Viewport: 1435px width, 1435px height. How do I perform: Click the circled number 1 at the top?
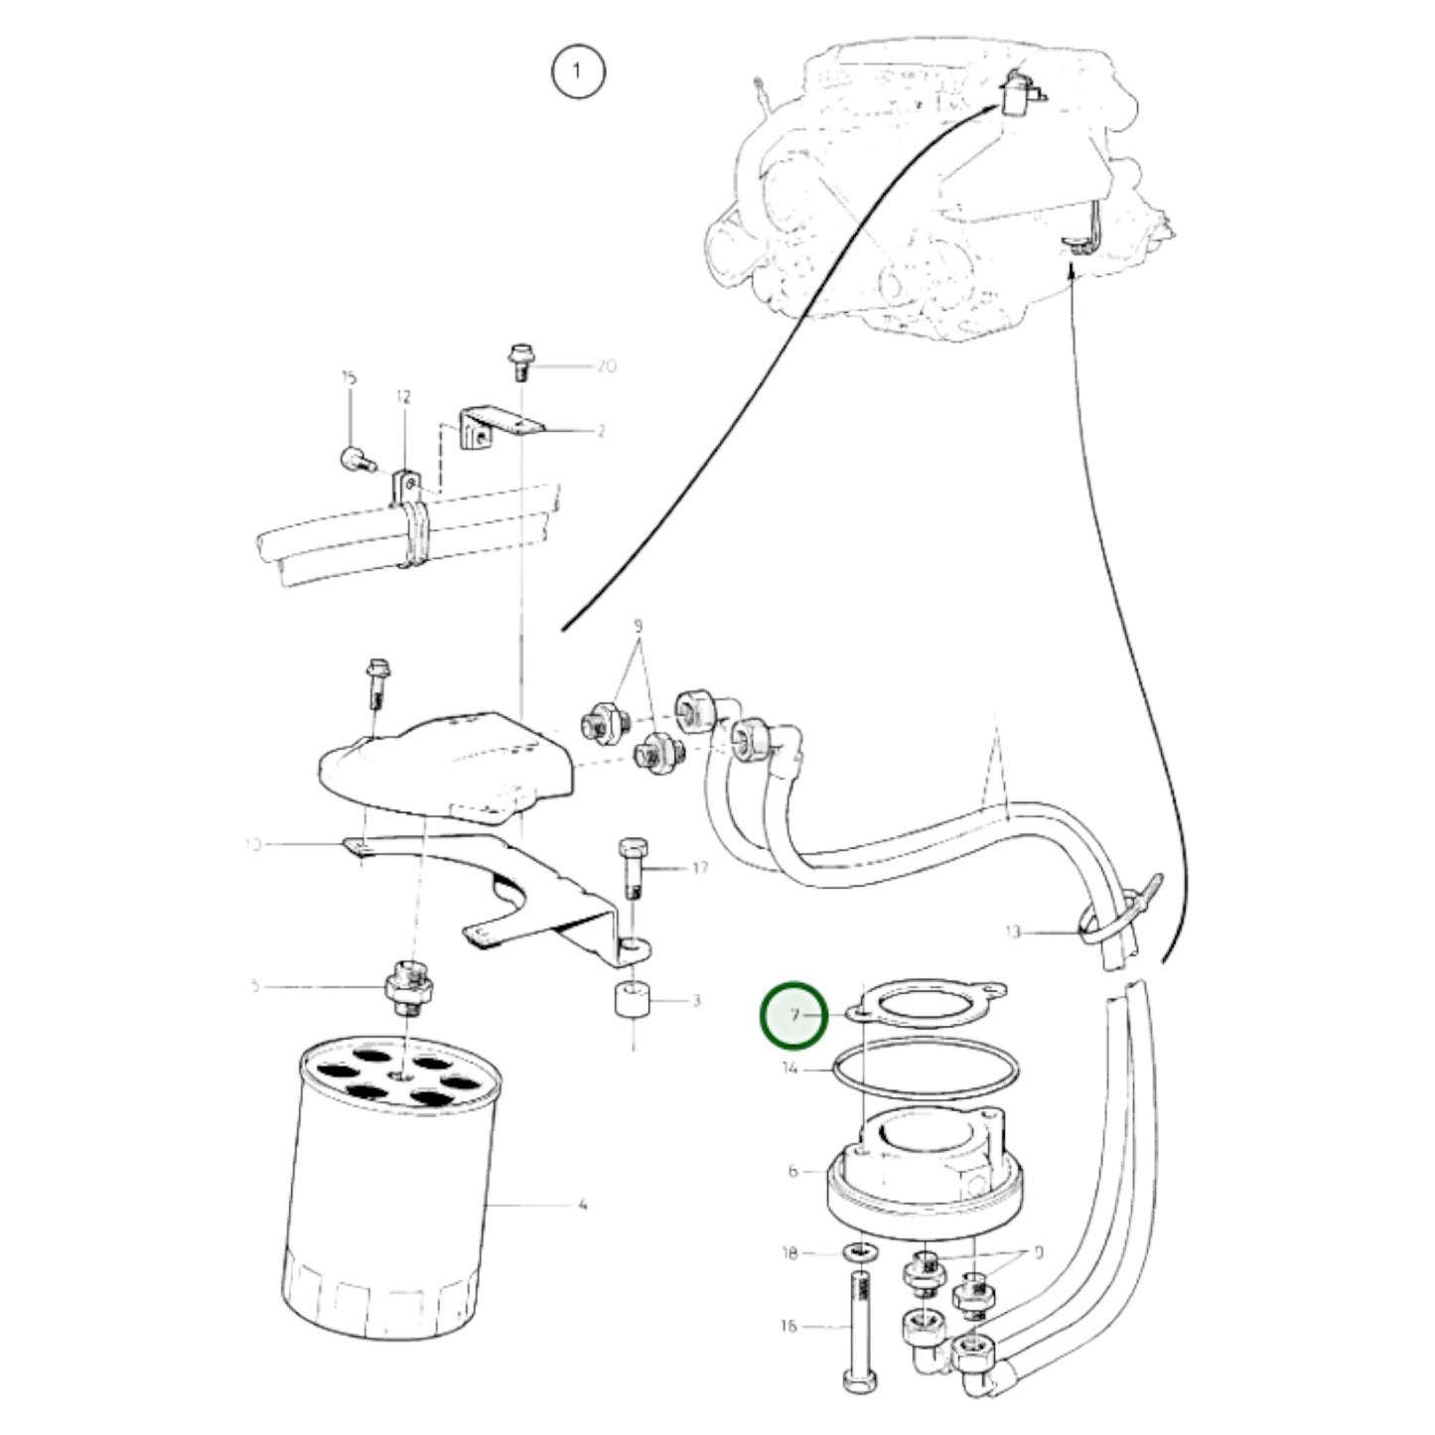(x=577, y=72)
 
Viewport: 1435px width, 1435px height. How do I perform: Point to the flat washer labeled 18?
(x=856, y=1253)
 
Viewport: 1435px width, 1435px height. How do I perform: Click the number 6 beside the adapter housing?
(x=792, y=1171)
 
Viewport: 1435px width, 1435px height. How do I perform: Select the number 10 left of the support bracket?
(x=252, y=845)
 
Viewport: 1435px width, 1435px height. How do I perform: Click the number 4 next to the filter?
(x=583, y=1205)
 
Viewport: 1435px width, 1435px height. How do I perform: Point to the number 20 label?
(x=606, y=365)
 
